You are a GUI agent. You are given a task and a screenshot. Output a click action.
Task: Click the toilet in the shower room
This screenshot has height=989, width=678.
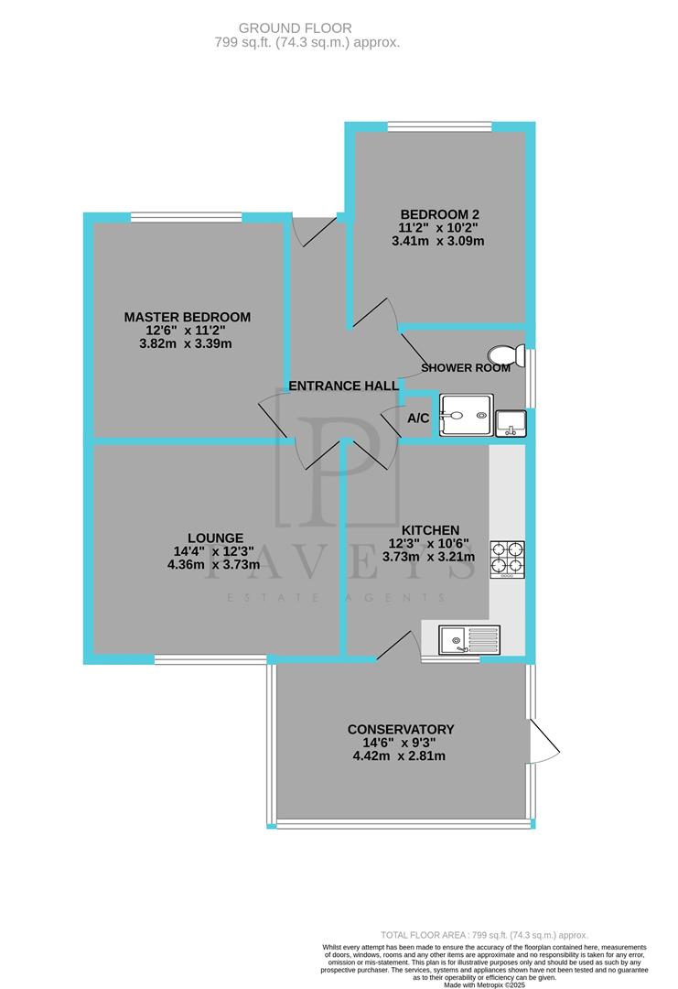505,355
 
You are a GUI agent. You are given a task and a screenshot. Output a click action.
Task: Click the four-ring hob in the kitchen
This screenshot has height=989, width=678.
508,559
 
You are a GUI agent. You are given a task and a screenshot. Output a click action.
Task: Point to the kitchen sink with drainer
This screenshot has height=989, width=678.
468,638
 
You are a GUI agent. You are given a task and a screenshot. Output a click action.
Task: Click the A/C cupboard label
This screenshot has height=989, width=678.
418,418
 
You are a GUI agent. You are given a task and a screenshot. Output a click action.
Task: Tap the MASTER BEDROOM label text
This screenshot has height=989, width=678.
188,317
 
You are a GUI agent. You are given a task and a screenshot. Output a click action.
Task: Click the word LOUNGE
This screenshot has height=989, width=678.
216,538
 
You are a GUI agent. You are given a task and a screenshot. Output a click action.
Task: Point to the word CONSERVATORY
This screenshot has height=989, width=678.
401,729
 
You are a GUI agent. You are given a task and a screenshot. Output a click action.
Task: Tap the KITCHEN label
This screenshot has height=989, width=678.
430,529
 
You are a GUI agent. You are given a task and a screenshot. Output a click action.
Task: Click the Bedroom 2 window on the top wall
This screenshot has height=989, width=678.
439,125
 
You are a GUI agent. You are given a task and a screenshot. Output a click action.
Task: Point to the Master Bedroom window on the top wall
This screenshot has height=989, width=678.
186,217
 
